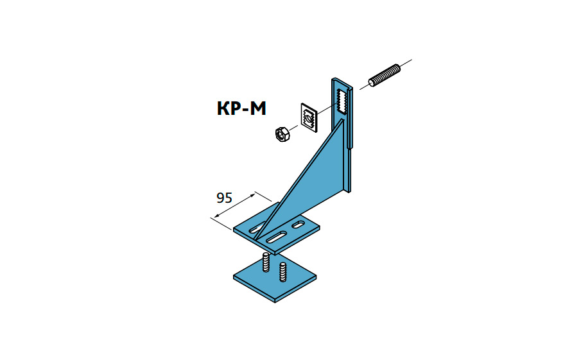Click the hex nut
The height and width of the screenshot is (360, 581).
pyautogui.click(x=282, y=133)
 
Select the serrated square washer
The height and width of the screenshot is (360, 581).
pyautogui.click(x=309, y=117)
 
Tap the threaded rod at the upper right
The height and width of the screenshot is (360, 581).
pyautogui.click(x=385, y=76)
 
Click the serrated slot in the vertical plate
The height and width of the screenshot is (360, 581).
pyautogui.click(x=342, y=101)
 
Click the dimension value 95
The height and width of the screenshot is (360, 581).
pyautogui.click(x=224, y=198)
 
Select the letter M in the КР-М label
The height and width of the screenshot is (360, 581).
pyautogui.click(x=257, y=108)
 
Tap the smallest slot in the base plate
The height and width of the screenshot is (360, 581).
pyautogui.click(x=299, y=225)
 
